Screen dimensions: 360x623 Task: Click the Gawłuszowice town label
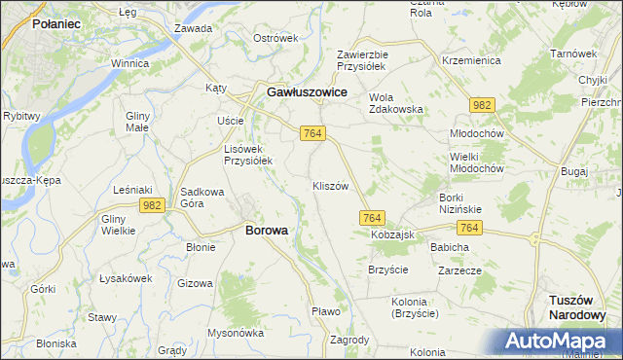point(308,91)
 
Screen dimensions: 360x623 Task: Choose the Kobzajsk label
point(392,235)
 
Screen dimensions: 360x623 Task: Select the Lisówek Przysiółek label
point(248,154)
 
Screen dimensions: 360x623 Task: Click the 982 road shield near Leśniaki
point(151,204)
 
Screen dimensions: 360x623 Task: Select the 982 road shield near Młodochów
point(480,104)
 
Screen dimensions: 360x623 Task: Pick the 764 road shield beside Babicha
point(470,227)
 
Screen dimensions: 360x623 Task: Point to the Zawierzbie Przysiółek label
point(362,60)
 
